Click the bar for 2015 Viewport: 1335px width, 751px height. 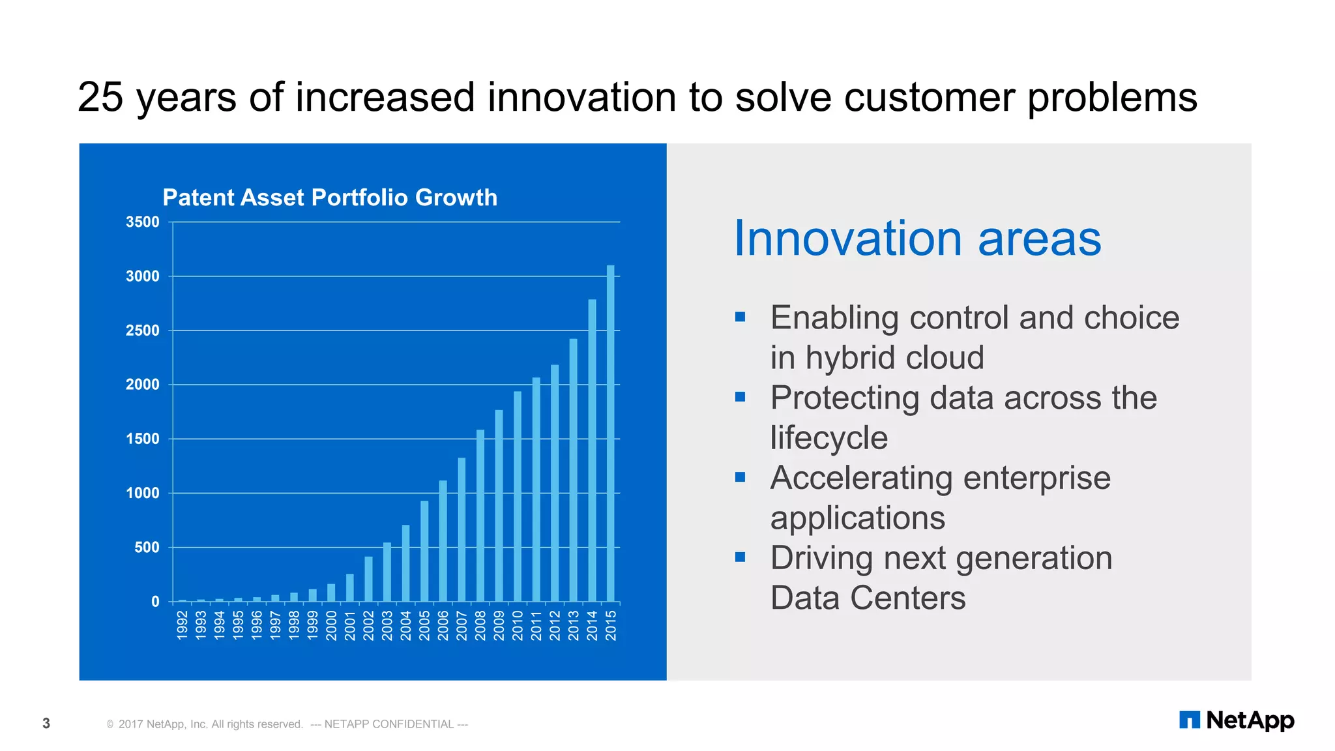click(x=611, y=434)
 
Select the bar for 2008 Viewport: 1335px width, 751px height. click(x=480, y=515)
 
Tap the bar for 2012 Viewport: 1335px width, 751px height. click(x=555, y=482)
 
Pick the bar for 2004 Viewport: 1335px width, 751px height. click(x=405, y=563)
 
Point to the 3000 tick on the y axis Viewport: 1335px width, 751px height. click(x=143, y=276)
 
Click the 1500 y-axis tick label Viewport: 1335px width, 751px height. click(x=143, y=439)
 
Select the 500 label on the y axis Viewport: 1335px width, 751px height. click(x=147, y=548)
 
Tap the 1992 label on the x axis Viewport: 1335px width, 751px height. click(x=183, y=625)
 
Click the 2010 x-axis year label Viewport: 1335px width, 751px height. click(x=518, y=625)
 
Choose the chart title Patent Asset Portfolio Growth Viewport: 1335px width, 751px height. click(x=330, y=198)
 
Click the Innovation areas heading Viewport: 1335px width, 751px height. click(x=917, y=239)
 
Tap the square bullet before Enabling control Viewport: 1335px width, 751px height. click(x=740, y=317)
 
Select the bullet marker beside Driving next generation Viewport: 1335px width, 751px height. click(x=740, y=557)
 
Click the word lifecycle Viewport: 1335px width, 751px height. click(x=829, y=438)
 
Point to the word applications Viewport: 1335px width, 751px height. click(x=857, y=518)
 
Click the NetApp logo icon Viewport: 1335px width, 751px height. click(x=1189, y=720)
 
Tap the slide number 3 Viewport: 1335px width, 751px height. click(x=46, y=723)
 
